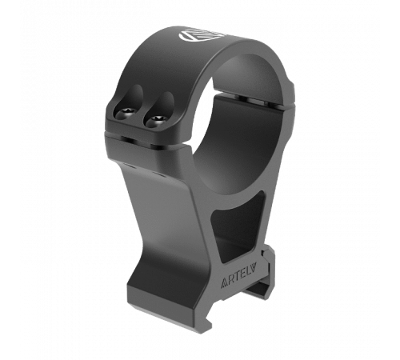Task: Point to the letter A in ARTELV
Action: pos(224,284)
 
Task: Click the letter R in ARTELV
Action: pos(230,282)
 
